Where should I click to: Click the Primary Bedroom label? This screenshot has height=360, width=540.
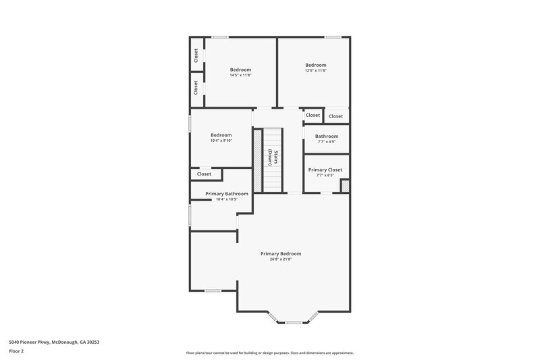[281, 253]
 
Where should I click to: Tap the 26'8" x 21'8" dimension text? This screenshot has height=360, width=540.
[281, 259]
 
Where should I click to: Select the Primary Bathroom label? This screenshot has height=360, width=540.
[227, 194]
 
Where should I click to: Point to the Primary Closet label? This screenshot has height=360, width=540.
[325, 170]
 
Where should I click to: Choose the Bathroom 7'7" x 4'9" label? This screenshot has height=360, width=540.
[327, 136]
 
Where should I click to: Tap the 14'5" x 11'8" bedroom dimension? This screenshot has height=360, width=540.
[240, 76]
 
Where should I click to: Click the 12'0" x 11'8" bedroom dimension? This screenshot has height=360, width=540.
[315, 70]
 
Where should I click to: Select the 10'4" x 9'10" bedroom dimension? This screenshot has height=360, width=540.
[221, 140]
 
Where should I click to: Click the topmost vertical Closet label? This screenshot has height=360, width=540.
[196, 55]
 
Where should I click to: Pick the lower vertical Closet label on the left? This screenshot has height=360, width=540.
[196, 87]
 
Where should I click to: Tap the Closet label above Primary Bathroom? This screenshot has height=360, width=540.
[204, 174]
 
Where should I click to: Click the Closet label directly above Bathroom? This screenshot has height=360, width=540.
[313, 115]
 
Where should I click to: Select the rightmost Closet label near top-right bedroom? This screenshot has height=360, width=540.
[335, 116]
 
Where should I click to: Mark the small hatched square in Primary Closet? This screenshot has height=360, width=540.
[345, 186]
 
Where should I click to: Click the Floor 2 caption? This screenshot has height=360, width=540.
[16, 351]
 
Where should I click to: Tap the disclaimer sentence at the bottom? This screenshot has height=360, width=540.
[269, 353]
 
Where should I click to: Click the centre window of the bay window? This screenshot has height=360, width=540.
[294, 322]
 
